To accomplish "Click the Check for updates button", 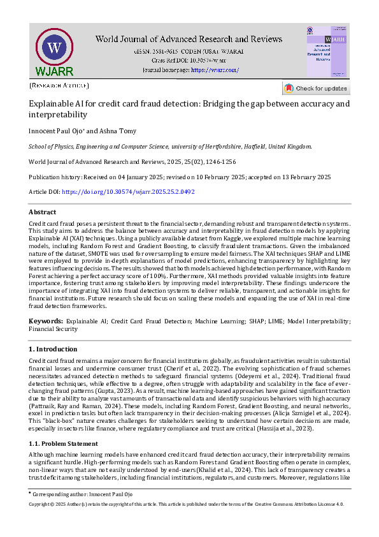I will tap(316, 89).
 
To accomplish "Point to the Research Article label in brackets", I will tap(59, 85).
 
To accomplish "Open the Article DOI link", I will tap(128, 191).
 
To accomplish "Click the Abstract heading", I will tap(43, 212).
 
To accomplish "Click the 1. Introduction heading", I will tap(53, 349).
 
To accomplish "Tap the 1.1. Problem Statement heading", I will tap(64, 443).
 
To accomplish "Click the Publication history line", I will tap(180, 176).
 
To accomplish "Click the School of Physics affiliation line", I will tap(170, 146).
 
